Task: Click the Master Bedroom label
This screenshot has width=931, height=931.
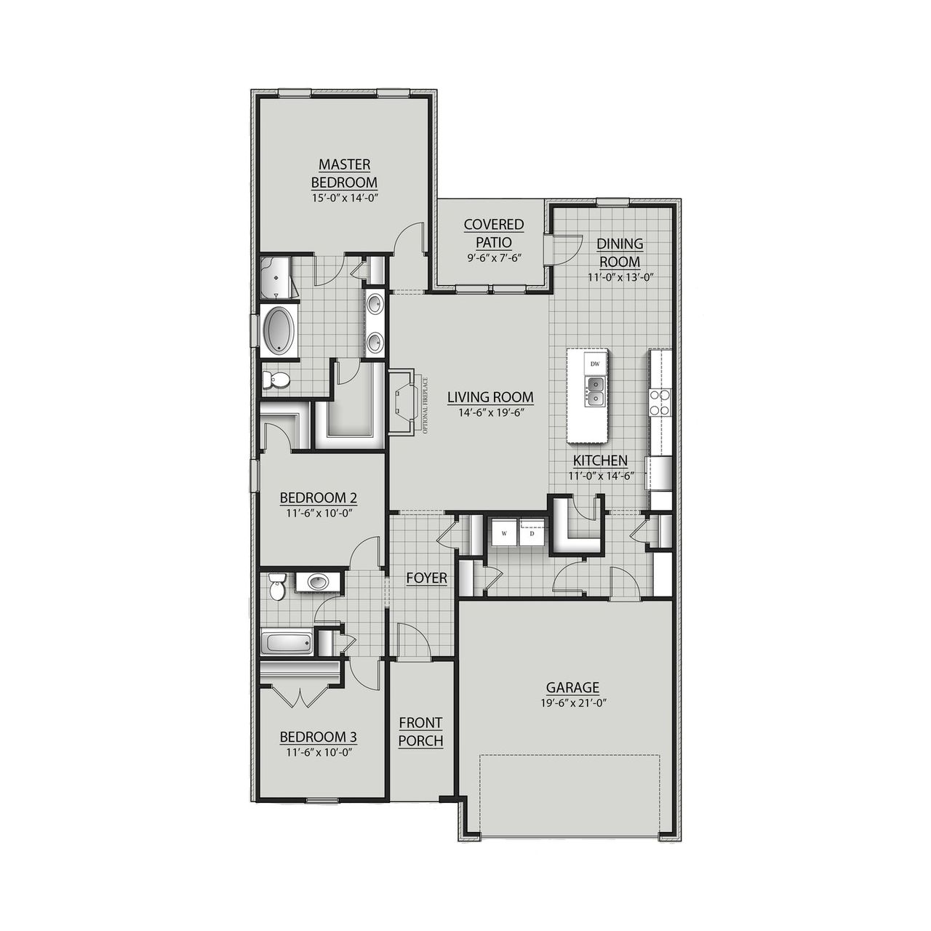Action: (x=344, y=174)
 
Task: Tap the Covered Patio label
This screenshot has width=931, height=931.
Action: (x=494, y=233)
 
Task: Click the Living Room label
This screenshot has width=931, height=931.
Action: (x=490, y=397)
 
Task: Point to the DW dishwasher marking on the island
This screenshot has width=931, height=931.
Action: (x=595, y=364)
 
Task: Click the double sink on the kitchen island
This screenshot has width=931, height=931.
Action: (x=596, y=391)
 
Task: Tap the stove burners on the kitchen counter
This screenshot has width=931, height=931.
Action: (x=660, y=403)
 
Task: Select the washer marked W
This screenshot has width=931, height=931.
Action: (x=503, y=533)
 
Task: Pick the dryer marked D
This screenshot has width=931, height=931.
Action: (x=532, y=533)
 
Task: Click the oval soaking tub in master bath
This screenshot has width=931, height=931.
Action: (x=278, y=331)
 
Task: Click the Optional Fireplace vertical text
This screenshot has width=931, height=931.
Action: (x=426, y=406)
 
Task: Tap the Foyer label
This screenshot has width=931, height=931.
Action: (x=426, y=578)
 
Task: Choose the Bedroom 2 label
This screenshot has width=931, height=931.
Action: (x=318, y=498)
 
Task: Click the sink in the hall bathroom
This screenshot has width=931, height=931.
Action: (x=318, y=582)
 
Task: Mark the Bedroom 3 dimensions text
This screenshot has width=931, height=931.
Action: (x=318, y=754)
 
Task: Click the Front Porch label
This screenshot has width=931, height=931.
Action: (x=420, y=732)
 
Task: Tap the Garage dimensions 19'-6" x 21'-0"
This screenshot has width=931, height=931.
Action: (x=572, y=703)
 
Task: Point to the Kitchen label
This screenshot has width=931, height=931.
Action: (x=600, y=460)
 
